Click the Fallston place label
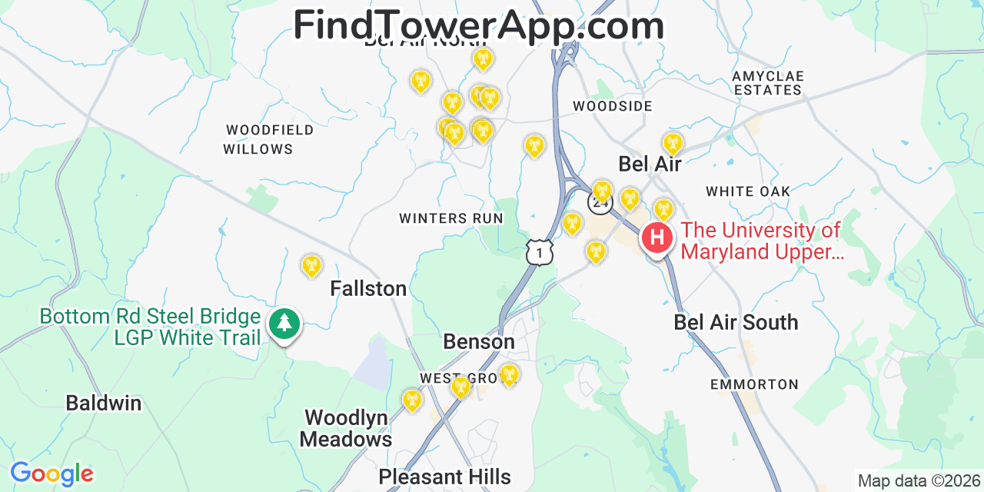pos(368,288)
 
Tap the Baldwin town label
pos(103,403)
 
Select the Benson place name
pos(479,341)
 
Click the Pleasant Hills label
pos(444,477)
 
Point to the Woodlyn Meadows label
pos(346,428)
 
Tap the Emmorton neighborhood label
pos(754,384)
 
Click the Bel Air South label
pos(736,322)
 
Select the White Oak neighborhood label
pos(748,191)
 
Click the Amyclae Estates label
pos(767,83)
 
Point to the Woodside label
pos(613,106)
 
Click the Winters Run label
pos(451,218)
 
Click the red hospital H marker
pos(657,238)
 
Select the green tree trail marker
pos(284,324)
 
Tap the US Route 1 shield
pos(540,252)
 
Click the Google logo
pos(52,474)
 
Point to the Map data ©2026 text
pos(918,481)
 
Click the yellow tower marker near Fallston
pos(311,266)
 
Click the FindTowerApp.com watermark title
pos(478,25)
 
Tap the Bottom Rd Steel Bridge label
pos(150,317)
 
